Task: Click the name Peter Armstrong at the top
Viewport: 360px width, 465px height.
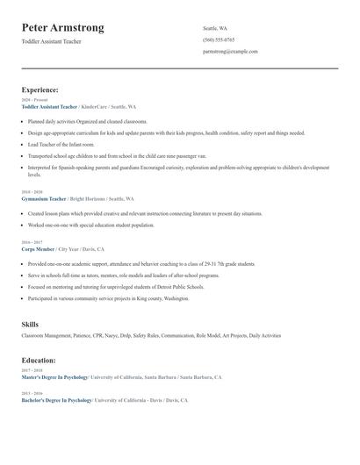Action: point(62,28)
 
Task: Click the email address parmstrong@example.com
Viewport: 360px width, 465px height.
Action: point(230,52)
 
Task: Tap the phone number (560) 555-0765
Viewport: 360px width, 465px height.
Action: point(219,39)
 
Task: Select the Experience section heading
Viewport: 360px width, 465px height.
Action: point(40,89)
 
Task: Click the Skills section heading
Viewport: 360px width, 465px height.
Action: point(30,325)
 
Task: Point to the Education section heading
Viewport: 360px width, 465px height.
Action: point(39,360)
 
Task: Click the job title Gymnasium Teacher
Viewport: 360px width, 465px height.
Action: point(45,199)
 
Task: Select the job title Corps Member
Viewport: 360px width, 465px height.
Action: point(38,248)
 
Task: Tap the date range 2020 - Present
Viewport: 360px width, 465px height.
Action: point(31,100)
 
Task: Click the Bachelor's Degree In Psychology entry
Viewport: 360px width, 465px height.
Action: point(56,400)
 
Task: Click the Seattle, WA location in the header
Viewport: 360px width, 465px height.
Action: point(215,28)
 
